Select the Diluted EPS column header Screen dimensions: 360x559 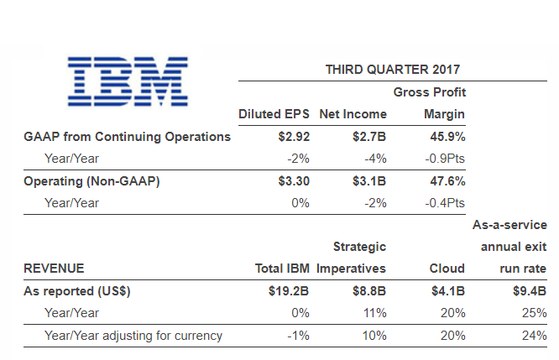(x=274, y=114)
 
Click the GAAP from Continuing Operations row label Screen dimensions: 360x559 (x=126, y=137)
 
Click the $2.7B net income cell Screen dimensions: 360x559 (x=369, y=137)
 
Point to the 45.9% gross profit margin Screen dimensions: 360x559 (x=446, y=137)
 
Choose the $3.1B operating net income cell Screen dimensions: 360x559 (x=369, y=180)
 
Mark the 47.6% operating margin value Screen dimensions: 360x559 (x=446, y=180)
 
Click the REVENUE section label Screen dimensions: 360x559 (x=53, y=269)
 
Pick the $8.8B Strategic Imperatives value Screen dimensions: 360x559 (x=368, y=291)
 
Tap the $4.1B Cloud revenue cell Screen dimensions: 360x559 (x=447, y=291)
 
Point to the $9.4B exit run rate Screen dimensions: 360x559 (x=528, y=291)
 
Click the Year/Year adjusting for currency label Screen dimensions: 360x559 (x=133, y=336)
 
